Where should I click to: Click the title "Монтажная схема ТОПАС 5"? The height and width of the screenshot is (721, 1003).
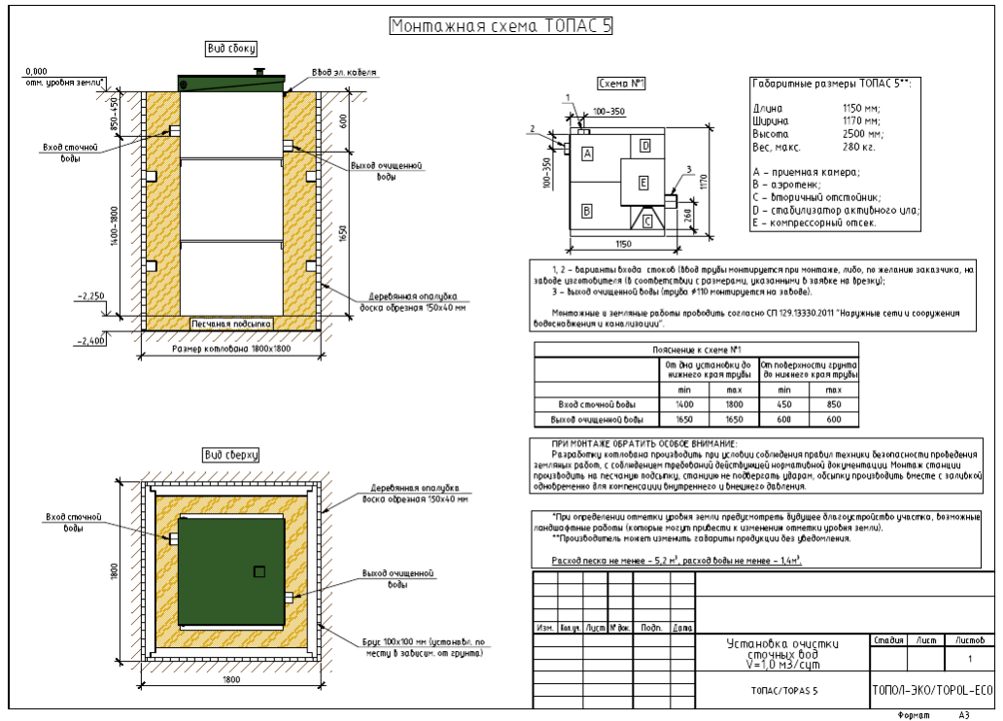coord(501,26)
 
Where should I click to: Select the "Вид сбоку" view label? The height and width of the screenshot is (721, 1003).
coord(230,49)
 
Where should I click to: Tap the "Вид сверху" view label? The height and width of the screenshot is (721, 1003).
coord(230,455)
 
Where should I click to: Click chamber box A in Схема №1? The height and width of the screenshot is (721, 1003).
coord(587,154)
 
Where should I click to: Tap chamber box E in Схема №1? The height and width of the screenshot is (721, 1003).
coord(642,182)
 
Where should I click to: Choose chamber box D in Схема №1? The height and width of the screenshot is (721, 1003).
coord(644,146)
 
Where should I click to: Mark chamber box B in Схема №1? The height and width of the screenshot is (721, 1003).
coord(587,210)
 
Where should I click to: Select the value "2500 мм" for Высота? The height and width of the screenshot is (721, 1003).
coord(862,133)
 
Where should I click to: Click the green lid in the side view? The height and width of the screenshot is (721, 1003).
coord(230,84)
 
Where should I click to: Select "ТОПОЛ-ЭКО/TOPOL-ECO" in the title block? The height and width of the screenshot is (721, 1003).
coord(931,691)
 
